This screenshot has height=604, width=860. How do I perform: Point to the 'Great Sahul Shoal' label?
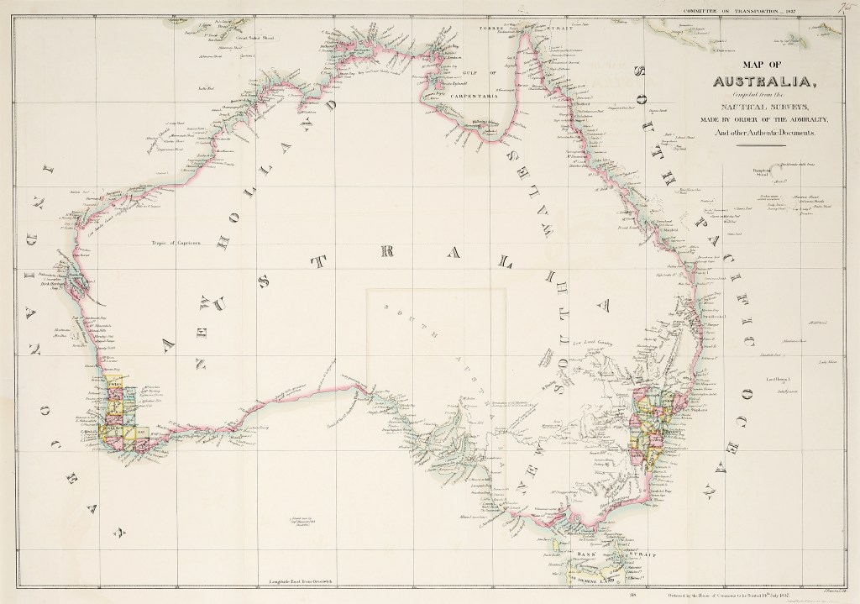pyautogui.click(x=256, y=39)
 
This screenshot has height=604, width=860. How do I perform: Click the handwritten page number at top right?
pyautogui.click(x=845, y=7)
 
